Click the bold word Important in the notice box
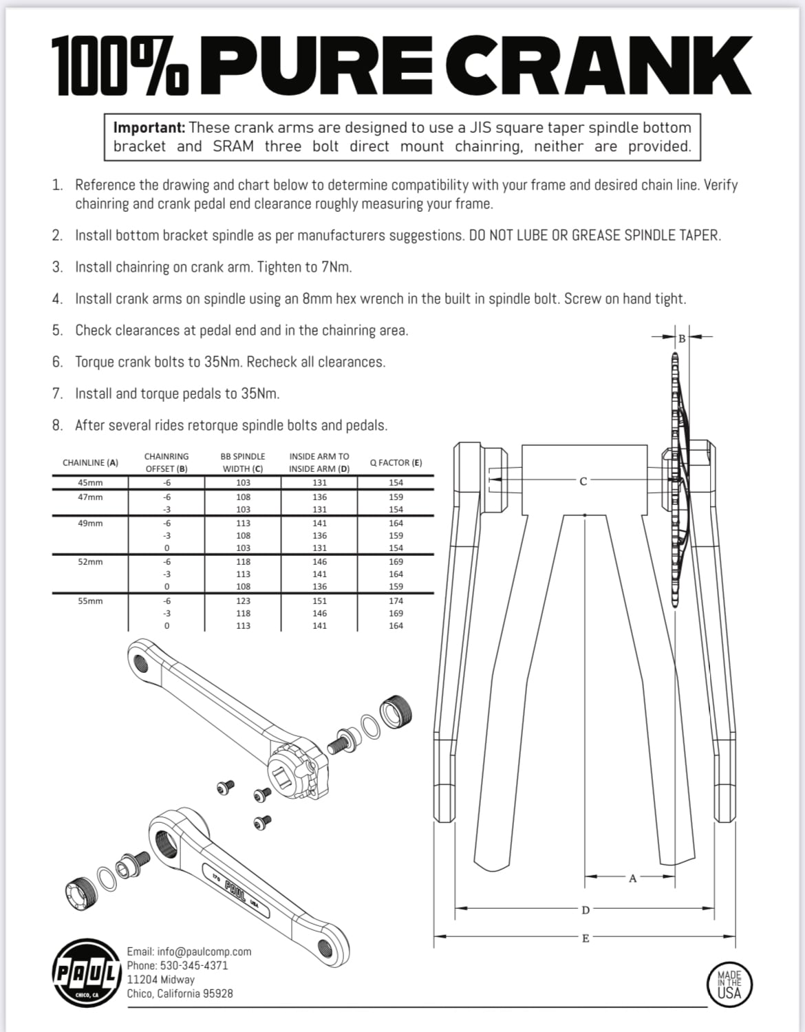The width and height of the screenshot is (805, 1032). coord(149,128)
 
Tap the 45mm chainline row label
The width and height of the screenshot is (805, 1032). coord(90,483)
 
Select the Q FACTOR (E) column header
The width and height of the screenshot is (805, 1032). coord(396,463)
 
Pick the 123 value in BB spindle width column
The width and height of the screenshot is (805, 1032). coord(243,601)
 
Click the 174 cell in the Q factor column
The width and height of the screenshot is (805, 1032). coord(396,601)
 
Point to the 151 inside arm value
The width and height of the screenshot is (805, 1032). coord(319,601)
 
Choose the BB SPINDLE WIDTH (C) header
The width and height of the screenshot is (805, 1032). coord(243,462)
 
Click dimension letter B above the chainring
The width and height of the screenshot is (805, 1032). coord(682,338)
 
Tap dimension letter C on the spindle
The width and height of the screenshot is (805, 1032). coord(583,482)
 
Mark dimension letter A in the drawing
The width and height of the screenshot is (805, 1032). coord(633,878)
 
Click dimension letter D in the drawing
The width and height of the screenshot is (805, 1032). coord(586,910)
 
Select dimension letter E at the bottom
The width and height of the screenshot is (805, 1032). coord(586,938)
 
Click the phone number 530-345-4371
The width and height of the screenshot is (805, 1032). coord(193,965)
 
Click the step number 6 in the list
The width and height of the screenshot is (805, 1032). coord(57,362)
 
